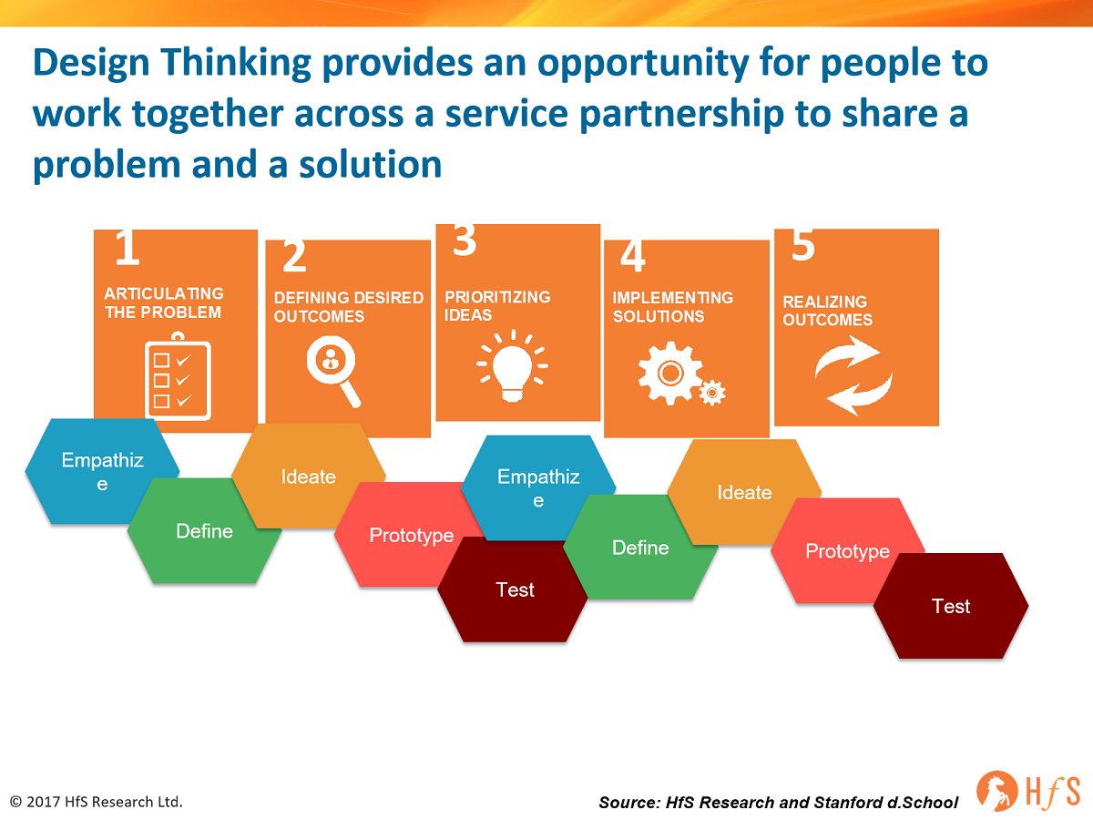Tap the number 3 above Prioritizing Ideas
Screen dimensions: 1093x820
[x=465, y=240]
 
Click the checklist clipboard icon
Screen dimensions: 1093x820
[x=178, y=376]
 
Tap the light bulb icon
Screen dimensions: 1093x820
[x=513, y=366]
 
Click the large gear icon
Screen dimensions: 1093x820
[x=670, y=373]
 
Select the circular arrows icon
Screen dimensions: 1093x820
[x=853, y=375]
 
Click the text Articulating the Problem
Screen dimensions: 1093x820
[x=164, y=302]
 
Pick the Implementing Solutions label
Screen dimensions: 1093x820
[x=673, y=307]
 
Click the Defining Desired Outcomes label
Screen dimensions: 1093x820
[x=349, y=307]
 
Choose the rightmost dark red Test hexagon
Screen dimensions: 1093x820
[x=951, y=606]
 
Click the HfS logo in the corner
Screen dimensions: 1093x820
[x=1028, y=791]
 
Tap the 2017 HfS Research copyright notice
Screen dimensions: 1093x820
[x=97, y=802]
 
